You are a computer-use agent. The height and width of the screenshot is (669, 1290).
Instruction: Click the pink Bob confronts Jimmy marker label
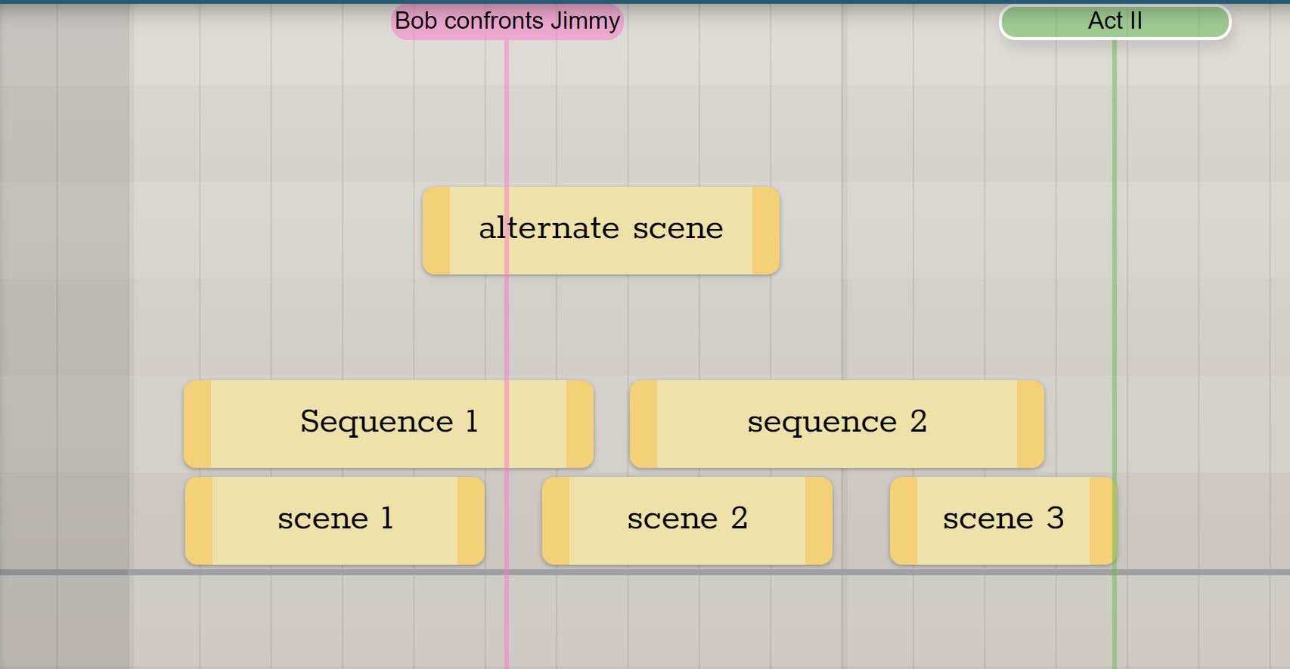pos(507,21)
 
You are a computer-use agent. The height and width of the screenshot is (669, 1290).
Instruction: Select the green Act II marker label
pos(1115,22)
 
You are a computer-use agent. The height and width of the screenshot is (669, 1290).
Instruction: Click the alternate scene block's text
pos(600,228)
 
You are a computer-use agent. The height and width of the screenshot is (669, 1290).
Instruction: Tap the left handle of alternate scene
pos(436,231)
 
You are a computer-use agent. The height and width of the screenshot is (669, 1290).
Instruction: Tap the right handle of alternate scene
pos(766,231)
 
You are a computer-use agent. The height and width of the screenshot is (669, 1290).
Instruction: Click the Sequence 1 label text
pos(389,422)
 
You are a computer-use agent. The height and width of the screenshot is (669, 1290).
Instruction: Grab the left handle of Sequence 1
pos(197,424)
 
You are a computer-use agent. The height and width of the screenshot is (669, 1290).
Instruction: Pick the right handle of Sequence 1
pos(580,424)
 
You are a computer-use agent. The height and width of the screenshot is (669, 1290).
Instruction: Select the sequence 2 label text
pos(837,422)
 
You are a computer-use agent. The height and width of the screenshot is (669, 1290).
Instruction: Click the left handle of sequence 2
pos(643,424)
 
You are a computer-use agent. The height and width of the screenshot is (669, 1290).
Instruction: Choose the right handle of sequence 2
pos(1031,424)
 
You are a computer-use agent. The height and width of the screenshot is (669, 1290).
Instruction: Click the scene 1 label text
pos(335,518)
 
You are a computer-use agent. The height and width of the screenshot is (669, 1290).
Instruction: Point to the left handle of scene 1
pos(199,521)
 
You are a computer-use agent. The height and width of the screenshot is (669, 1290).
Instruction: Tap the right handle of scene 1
pos(471,521)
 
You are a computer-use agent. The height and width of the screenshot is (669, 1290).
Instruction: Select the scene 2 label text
pos(687,518)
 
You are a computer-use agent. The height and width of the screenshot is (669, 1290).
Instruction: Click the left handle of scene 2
pos(556,521)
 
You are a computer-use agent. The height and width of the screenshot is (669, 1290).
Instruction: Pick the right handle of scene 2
pos(819,521)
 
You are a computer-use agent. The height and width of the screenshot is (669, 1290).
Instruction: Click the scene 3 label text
pos(1003,518)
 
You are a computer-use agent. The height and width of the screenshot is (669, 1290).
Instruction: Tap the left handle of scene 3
pos(904,521)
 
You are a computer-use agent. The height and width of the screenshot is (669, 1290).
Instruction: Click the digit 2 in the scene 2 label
pos(740,518)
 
